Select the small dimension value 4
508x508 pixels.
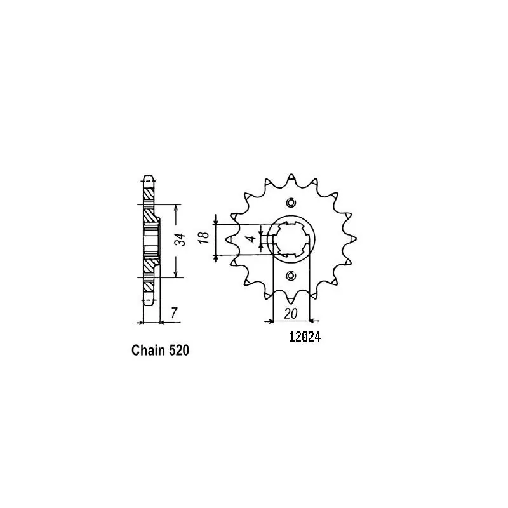coord(251,239)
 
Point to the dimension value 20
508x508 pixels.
coord(291,313)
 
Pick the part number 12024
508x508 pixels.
coord(300,338)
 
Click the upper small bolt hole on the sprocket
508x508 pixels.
coord(291,203)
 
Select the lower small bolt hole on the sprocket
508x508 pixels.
coord(291,276)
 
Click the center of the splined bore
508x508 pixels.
coord(291,239)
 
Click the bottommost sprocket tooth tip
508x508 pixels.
coord(291,303)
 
